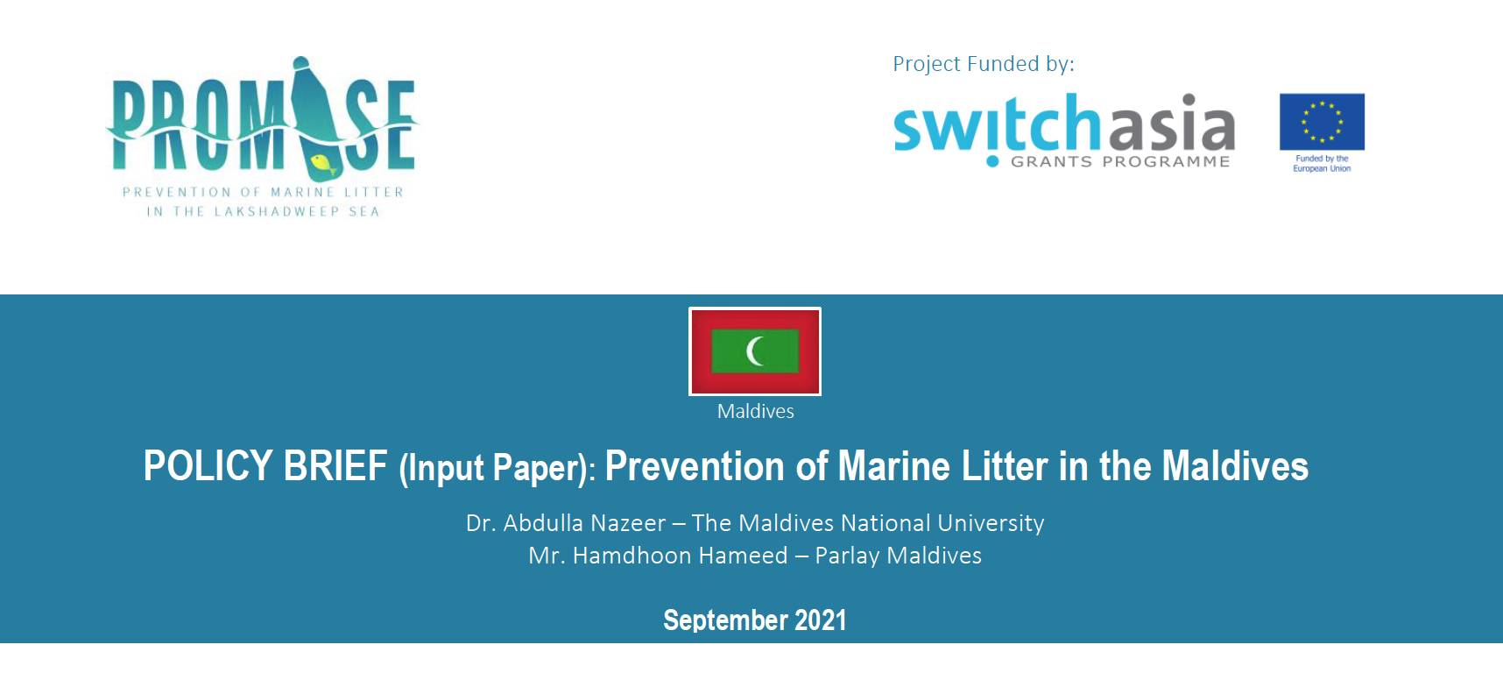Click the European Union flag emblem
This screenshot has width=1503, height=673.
point(1322,122)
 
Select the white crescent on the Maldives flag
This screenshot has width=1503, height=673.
point(754,351)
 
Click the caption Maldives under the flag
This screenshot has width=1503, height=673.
point(755,411)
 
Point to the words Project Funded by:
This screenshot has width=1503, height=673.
point(983,64)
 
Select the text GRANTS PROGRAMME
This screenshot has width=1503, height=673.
point(1120,162)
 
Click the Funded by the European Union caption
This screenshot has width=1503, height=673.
point(1322,164)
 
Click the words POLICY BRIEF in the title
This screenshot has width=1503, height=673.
point(265,465)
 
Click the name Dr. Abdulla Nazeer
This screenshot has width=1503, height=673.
point(565,523)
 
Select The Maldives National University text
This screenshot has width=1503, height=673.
point(867,523)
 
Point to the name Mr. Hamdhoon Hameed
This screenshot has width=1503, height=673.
point(658,556)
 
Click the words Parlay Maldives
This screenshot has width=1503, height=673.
point(898,556)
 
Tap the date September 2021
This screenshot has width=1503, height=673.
point(754,620)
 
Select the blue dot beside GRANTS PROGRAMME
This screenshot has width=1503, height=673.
point(991,161)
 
